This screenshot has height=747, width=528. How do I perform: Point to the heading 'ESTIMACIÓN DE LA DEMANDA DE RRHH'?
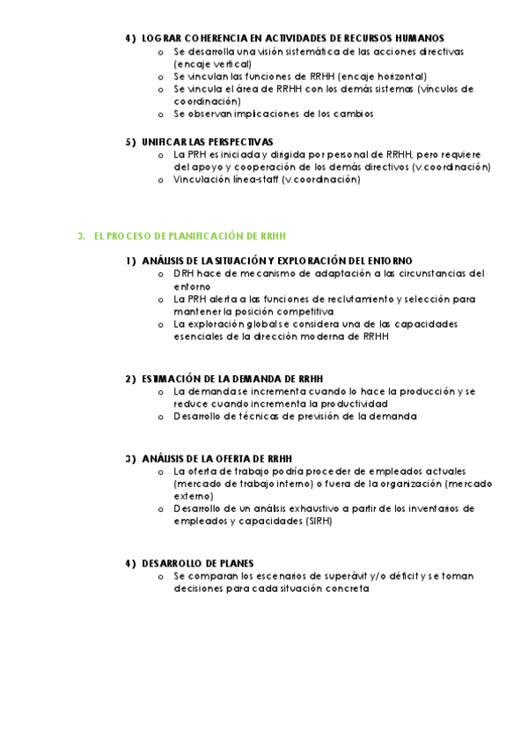coord(230,378)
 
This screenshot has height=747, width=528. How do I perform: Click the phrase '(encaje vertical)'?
coord(212,64)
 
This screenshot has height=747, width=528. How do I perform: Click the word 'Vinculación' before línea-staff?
coord(203,179)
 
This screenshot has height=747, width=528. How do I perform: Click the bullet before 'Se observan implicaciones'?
coord(160,115)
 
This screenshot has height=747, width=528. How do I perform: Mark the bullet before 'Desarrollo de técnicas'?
coord(160,417)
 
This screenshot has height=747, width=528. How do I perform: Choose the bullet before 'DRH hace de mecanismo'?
coord(160,274)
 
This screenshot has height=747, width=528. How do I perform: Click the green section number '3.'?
coord(81,236)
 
